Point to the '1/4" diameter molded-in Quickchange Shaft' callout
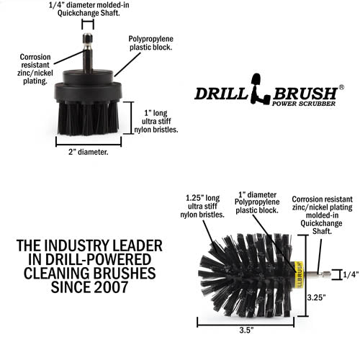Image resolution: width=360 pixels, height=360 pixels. [x=87, y=9]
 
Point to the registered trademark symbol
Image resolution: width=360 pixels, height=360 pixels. [x=341, y=86]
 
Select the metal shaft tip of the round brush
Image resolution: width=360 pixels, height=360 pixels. [x=324, y=274]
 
